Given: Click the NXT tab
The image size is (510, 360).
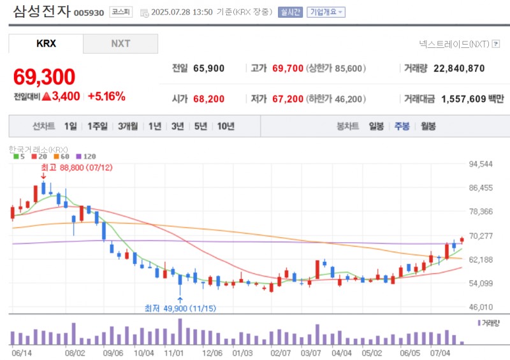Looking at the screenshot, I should (x=120, y=43).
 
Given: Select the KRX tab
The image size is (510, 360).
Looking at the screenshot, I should (x=46, y=43).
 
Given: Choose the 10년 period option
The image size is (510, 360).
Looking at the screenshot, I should (x=226, y=126).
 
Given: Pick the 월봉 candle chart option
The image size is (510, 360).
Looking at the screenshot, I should (x=427, y=126).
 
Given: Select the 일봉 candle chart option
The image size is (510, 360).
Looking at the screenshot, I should (x=376, y=126).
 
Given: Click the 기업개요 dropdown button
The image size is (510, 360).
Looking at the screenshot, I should (x=326, y=12).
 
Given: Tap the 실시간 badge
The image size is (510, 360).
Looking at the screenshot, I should (x=290, y=12).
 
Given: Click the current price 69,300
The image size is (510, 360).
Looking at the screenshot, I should (x=44, y=76).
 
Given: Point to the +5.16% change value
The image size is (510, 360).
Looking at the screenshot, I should (x=106, y=97).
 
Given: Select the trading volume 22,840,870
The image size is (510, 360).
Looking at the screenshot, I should (x=459, y=68).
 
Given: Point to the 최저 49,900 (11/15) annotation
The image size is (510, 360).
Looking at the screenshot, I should (x=180, y=308).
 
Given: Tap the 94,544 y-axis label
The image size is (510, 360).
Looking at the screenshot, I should (x=481, y=164).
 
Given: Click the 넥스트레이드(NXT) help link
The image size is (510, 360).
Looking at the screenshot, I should (x=457, y=44).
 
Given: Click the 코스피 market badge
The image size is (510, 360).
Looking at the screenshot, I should (x=121, y=12).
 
